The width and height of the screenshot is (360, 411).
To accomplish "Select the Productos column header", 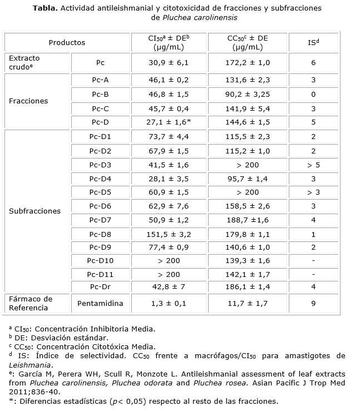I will point(67,42).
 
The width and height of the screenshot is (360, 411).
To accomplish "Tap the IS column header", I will point(313,42).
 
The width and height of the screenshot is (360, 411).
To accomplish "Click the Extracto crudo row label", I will point(24,62).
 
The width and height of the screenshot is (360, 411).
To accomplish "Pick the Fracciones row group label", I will point(28,101).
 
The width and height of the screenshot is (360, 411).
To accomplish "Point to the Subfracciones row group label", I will point(35,211).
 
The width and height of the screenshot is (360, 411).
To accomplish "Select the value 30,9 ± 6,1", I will point(170,63).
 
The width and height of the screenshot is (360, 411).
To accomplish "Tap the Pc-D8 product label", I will point(100,234).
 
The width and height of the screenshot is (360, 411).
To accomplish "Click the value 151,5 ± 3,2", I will point(170,234).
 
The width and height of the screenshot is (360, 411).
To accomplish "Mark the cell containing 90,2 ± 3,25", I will point(248,95).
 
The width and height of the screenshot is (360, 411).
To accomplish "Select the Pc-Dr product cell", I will point(100,286).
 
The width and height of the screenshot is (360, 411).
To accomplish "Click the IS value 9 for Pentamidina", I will point(313,304).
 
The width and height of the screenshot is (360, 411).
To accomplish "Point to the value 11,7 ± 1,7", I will point(248,304).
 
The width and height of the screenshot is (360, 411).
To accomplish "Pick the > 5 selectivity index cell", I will point(313,165).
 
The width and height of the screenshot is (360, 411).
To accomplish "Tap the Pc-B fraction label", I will point(100,95).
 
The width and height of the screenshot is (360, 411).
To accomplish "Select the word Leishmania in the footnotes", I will point(31,365).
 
